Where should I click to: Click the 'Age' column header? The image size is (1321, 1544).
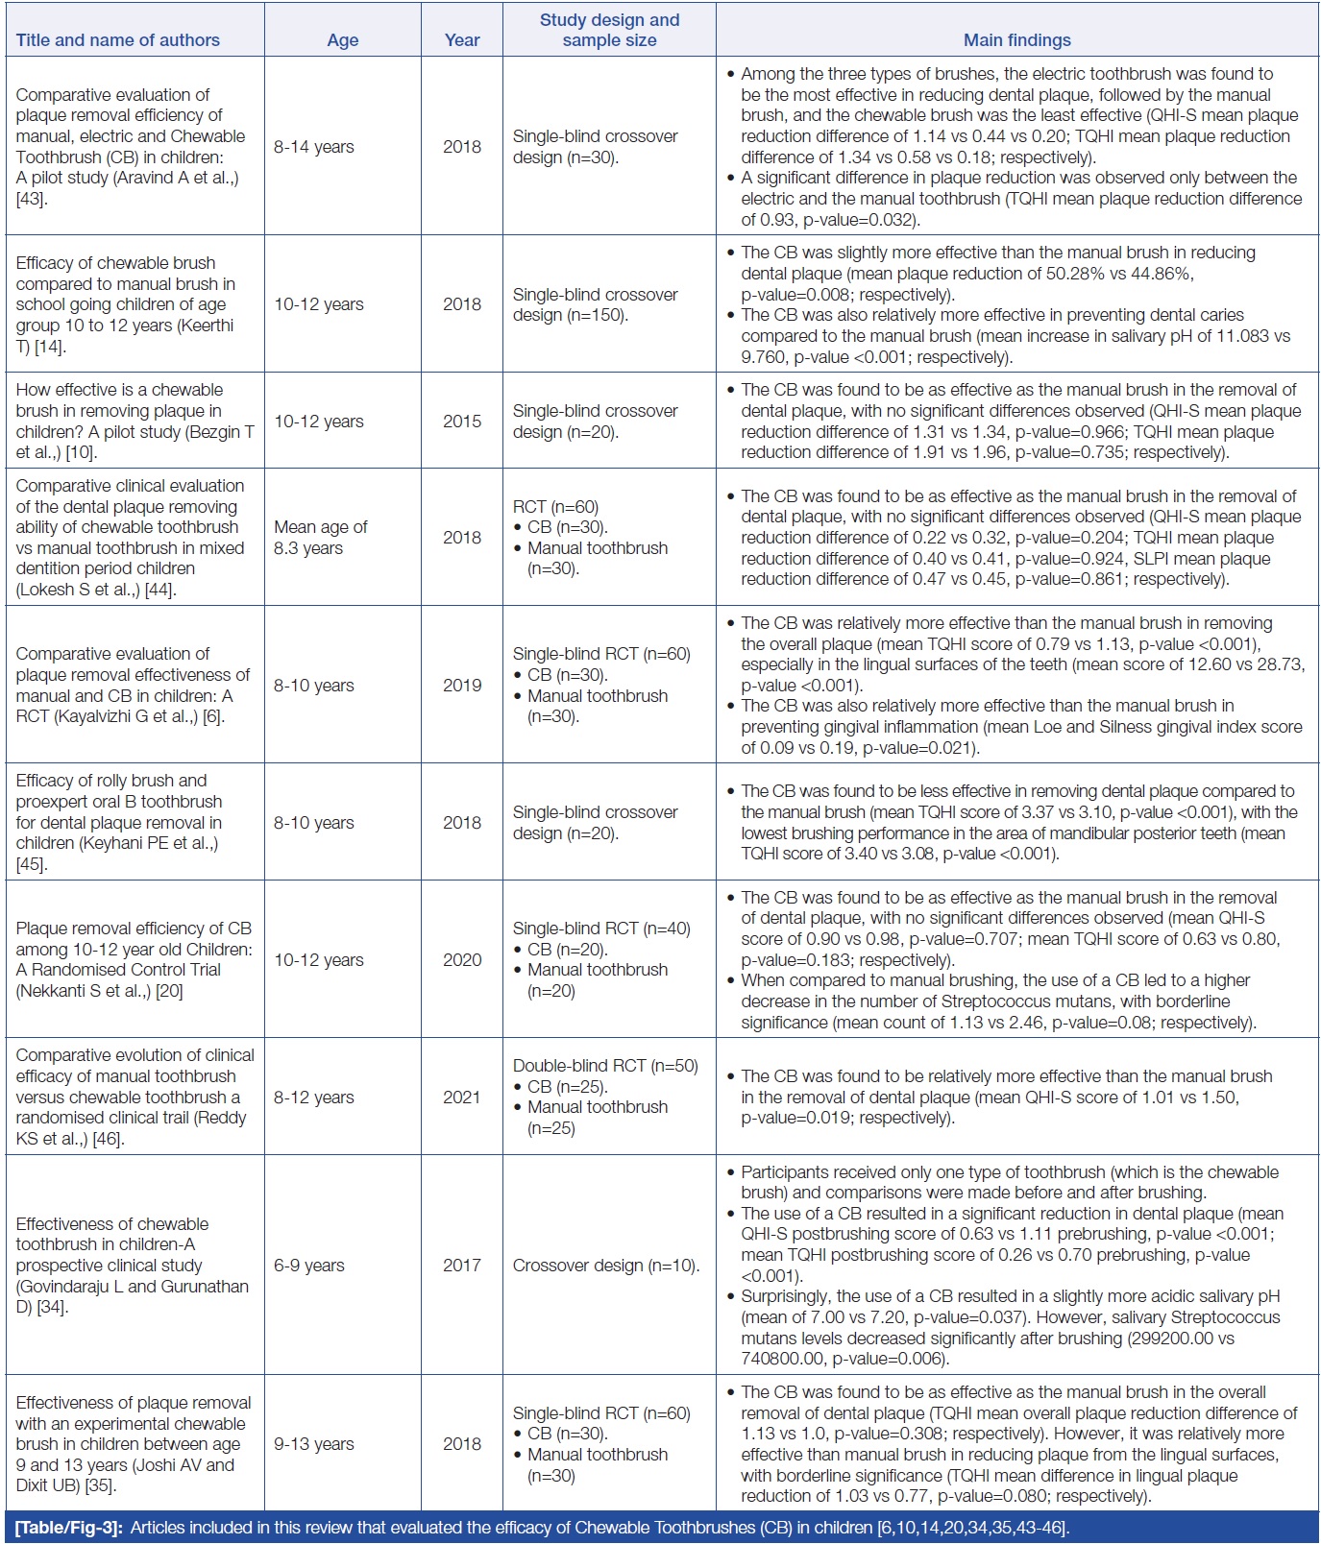point(342,40)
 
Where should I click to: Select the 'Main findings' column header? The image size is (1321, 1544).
point(1016,40)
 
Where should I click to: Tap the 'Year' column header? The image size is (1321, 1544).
point(462,40)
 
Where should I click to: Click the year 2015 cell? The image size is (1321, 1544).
point(462,422)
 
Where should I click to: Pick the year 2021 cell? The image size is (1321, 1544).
point(462,1097)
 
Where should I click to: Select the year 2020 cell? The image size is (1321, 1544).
point(462,959)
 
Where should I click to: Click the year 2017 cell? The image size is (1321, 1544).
point(462,1266)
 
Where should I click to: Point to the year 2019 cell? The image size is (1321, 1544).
point(462,685)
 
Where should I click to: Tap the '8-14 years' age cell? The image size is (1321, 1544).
point(314,147)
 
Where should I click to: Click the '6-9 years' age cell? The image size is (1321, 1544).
point(309,1266)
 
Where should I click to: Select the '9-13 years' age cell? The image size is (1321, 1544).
point(314,1444)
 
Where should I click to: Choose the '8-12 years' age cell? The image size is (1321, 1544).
point(314,1097)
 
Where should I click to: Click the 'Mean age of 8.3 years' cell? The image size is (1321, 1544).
point(321,538)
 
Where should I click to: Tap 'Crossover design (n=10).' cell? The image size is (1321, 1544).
point(606,1266)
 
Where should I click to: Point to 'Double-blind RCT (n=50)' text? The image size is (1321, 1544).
point(605,1066)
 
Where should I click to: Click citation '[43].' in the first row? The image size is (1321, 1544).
point(32,199)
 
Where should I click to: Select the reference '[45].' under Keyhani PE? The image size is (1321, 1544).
point(32,864)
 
